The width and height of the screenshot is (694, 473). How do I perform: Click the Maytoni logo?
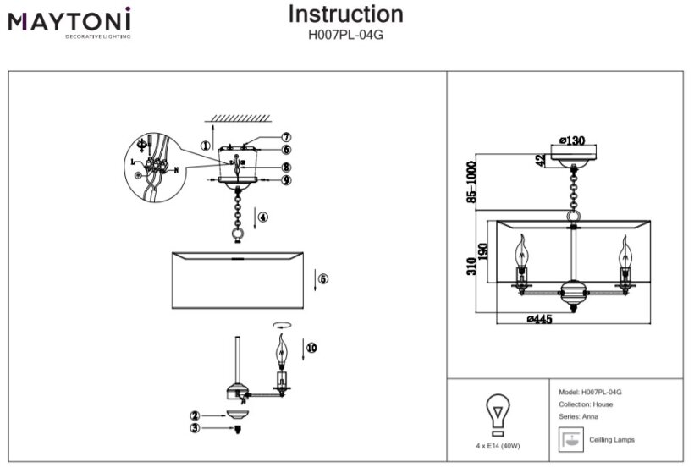69,20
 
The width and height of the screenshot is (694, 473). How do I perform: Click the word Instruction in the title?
345,14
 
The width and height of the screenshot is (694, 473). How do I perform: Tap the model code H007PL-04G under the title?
345,36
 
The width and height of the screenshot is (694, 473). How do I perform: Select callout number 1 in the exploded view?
205,145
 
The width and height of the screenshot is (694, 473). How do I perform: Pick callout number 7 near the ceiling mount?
286,137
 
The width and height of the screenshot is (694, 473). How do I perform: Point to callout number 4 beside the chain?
262,217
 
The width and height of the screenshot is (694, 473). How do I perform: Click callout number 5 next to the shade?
323,278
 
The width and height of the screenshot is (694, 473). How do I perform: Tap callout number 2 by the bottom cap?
195,415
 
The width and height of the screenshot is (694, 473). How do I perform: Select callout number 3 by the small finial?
195,428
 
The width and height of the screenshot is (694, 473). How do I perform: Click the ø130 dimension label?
574,141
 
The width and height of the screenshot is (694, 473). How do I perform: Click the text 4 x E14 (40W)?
498,446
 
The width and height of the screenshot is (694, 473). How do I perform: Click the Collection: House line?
587,404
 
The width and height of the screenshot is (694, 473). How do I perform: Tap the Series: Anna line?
579,417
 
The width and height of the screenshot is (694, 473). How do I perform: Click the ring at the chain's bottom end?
238,232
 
